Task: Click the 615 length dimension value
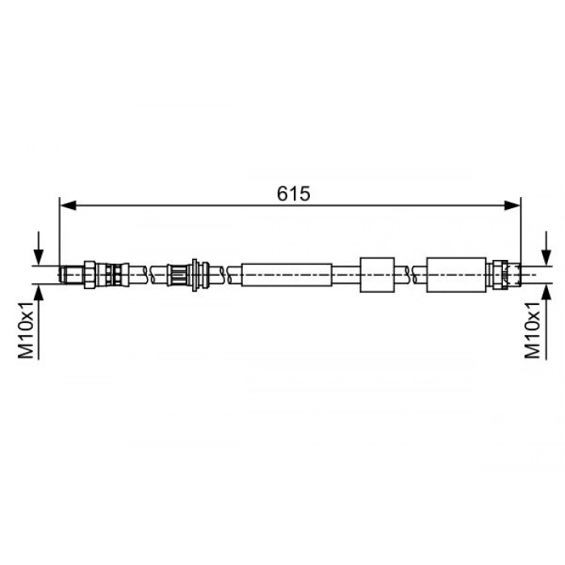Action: [x=293, y=194]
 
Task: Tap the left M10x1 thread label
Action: [x=26, y=330]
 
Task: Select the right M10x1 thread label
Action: [x=532, y=330]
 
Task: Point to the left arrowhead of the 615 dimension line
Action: [x=68, y=206]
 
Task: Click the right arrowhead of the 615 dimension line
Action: [x=513, y=206]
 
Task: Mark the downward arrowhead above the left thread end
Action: [x=39, y=257]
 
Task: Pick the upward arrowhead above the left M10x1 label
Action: [x=39, y=292]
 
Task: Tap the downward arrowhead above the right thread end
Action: [x=546, y=257]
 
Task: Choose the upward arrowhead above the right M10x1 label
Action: [x=546, y=292]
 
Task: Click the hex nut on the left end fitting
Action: [x=90, y=274]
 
